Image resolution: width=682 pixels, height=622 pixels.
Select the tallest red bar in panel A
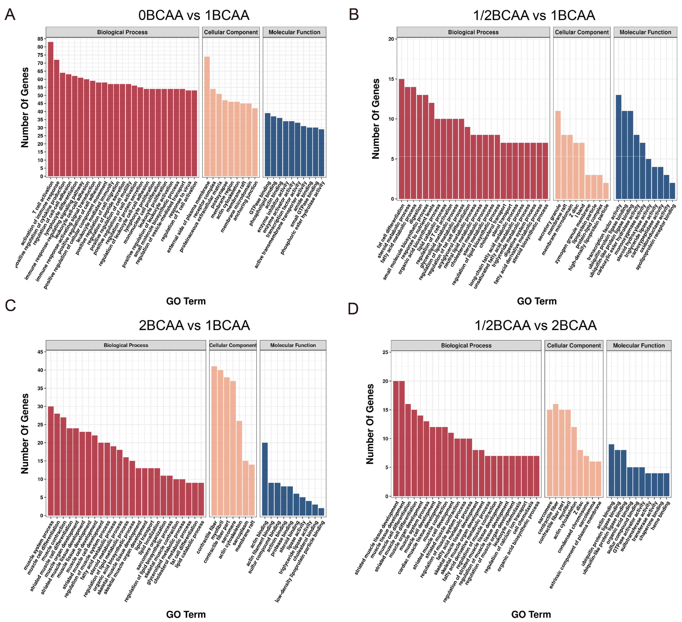click(51, 109)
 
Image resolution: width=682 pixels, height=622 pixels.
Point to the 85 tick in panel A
click(40, 39)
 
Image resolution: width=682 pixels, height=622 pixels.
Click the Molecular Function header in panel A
click(294, 32)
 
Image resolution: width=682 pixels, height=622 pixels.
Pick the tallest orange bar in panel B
click(558, 155)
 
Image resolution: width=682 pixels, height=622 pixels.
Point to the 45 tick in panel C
click(40, 352)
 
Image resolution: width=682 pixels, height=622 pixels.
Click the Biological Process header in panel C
click(126, 345)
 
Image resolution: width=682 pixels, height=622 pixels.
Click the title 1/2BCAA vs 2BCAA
click(536, 326)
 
